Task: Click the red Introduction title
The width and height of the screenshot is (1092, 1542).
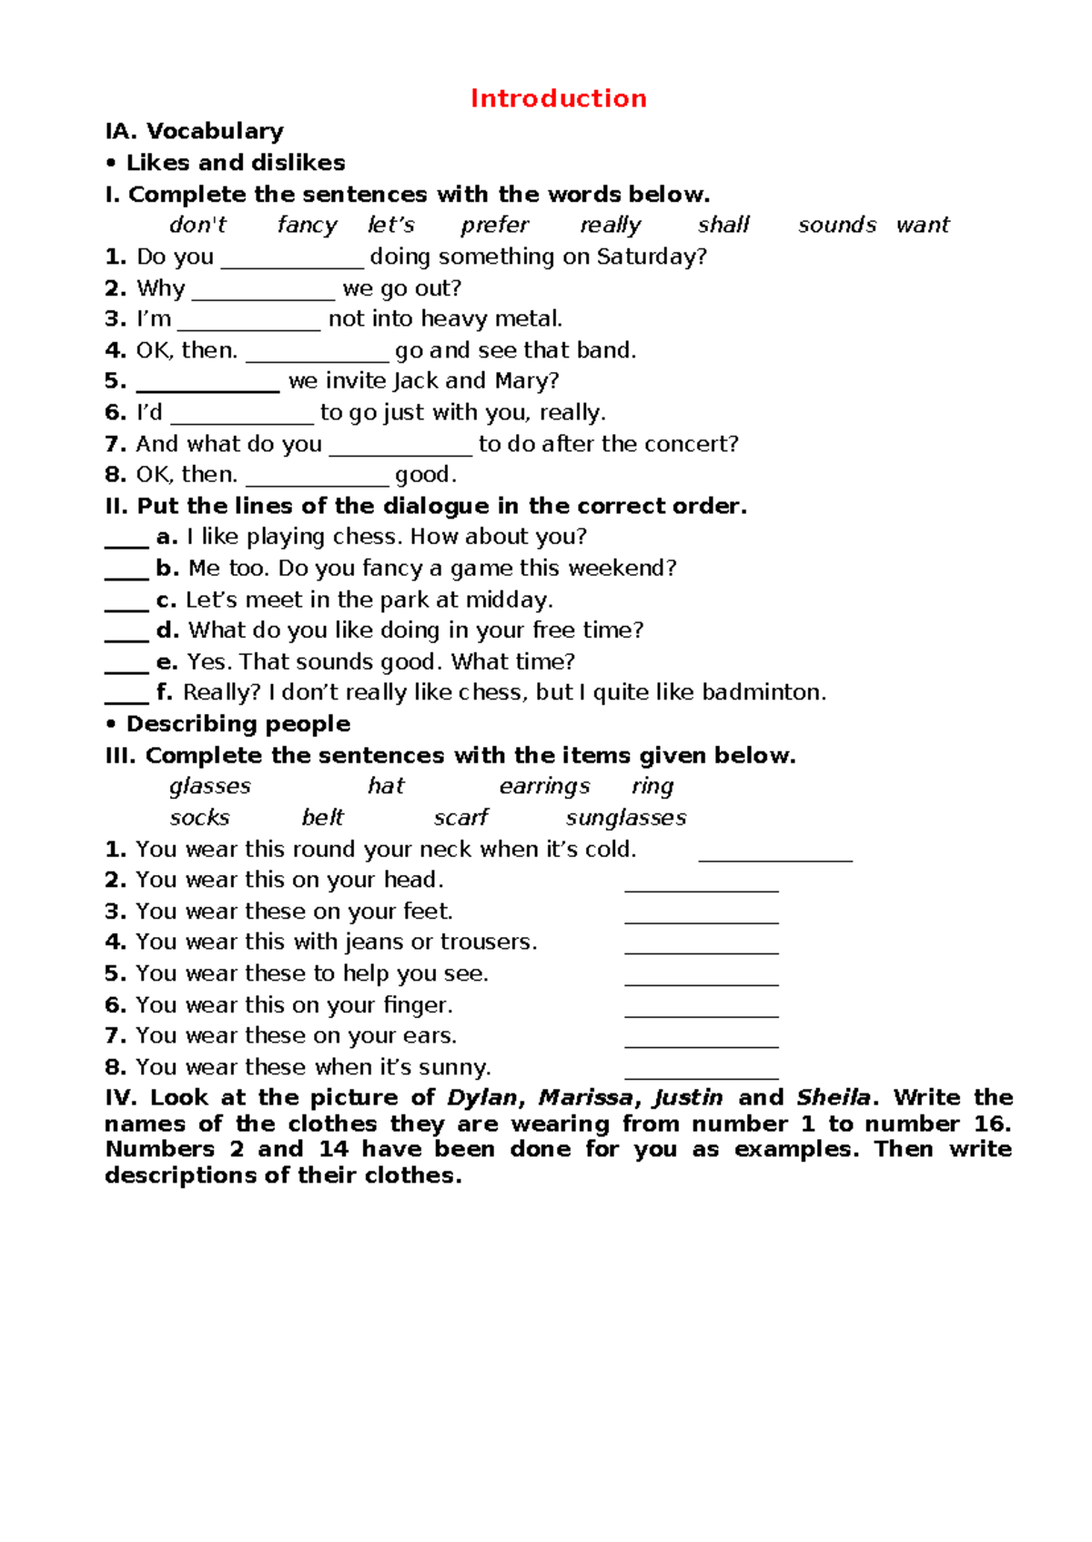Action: click(x=558, y=98)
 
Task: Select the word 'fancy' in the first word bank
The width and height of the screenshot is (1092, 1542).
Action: click(x=307, y=225)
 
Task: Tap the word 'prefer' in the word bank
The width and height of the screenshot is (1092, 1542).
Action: click(x=494, y=225)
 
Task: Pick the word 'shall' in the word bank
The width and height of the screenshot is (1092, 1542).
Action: click(x=723, y=225)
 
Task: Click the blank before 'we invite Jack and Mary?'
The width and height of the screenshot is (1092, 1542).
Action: click(x=207, y=384)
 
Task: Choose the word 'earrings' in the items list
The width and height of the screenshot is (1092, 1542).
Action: click(x=544, y=786)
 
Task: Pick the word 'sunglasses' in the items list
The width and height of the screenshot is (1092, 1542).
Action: click(x=626, y=818)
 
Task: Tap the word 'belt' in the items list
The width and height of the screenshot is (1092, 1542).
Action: click(x=323, y=817)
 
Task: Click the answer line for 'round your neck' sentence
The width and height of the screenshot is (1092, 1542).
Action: click(x=775, y=853)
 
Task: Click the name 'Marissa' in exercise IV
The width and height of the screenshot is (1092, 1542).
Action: click(x=585, y=1097)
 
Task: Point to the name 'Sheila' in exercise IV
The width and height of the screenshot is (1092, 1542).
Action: click(x=833, y=1097)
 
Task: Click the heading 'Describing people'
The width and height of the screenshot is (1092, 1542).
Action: click(x=238, y=724)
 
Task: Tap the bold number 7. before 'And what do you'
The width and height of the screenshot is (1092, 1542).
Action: click(x=115, y=444)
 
